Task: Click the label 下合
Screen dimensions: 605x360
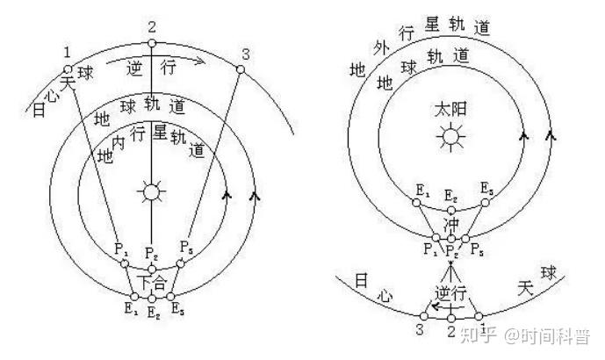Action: click(152, 283)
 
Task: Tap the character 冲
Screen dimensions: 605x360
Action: click(451, 225)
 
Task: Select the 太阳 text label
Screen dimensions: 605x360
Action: click(451, 112)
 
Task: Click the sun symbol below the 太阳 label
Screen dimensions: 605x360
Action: click(451, 137)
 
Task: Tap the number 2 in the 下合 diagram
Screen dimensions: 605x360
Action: click(152, 26)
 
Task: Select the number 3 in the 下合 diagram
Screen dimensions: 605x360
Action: click(245, 54)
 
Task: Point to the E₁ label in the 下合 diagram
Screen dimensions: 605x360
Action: click(131, 309)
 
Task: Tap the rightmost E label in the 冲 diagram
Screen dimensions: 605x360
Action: click(486, 189)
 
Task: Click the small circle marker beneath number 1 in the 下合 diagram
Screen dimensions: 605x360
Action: click(67, 68)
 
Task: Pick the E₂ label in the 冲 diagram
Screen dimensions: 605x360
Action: click(451, 195)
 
